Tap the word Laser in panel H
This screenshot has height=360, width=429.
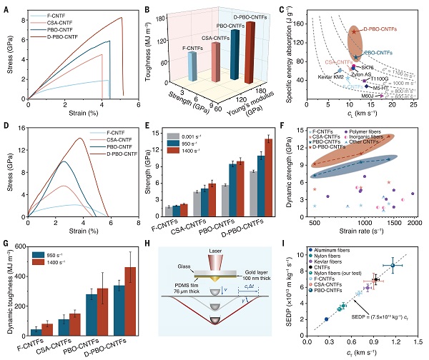215,248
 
